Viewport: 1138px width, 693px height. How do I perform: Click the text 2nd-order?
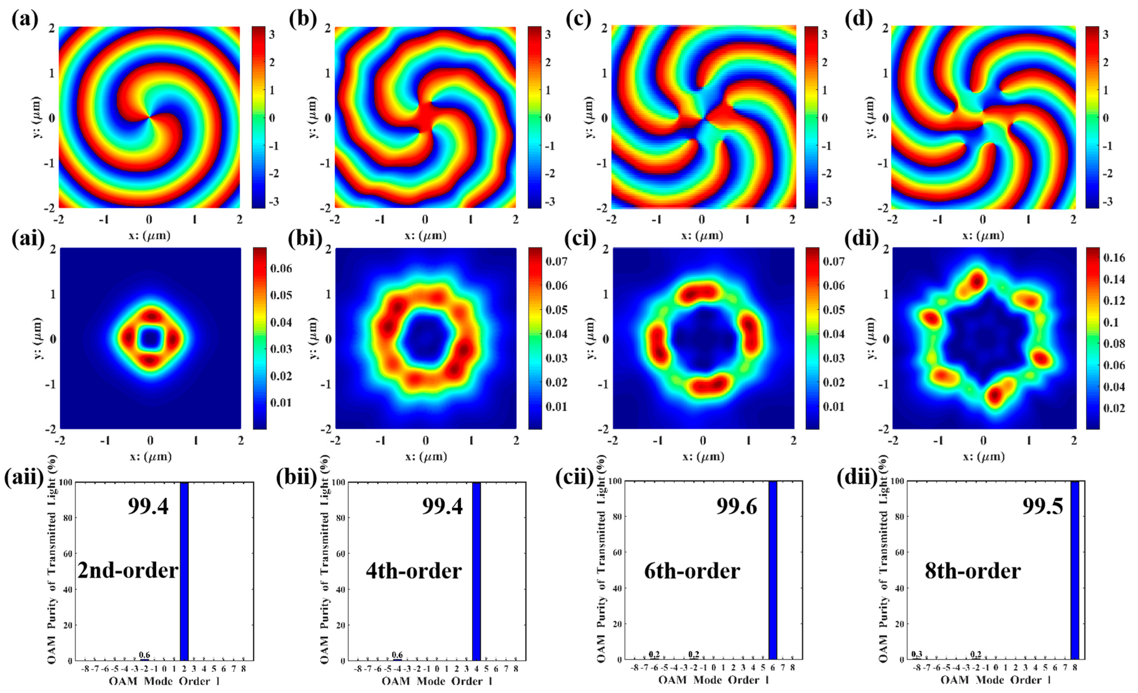(128, 570)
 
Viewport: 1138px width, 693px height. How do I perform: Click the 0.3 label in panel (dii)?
(916, 654)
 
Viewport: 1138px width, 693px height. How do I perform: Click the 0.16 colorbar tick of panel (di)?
(1114, 258)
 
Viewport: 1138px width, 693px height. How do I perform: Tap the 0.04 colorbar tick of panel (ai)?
(281, 322)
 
